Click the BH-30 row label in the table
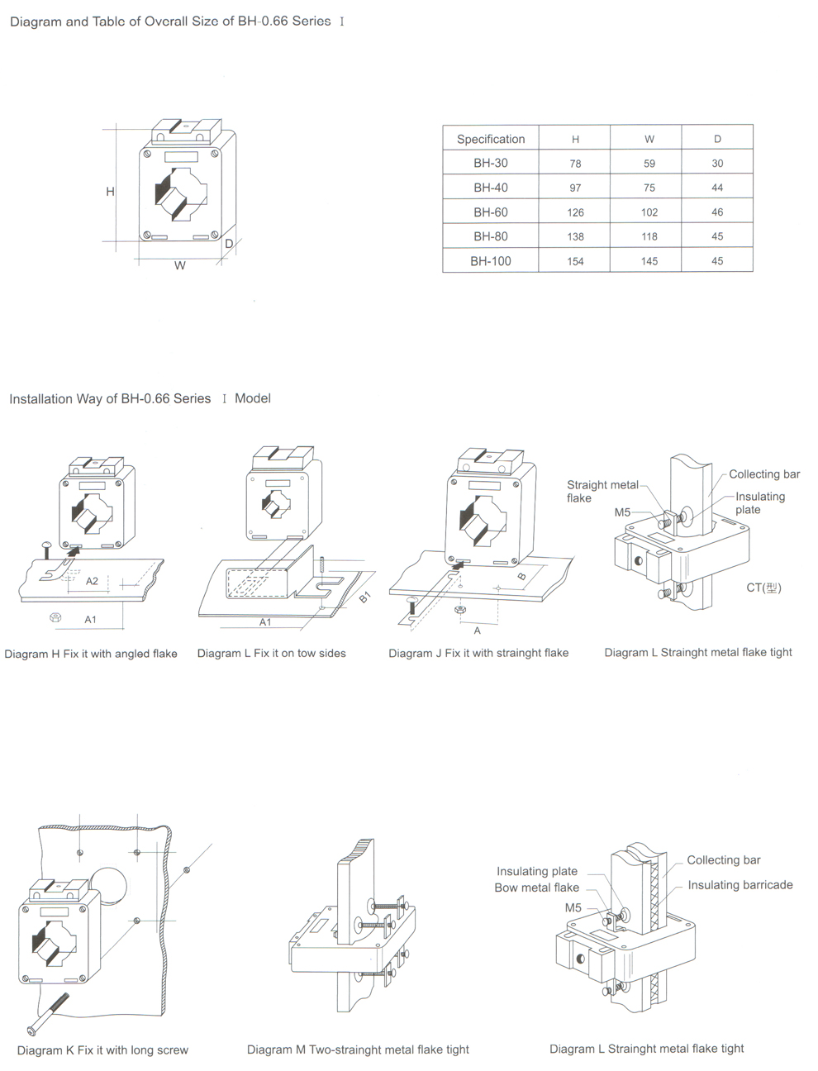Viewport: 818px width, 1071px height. coord(491,163)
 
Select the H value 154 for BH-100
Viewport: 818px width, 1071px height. coord(575,261)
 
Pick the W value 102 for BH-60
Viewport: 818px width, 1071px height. coord(649,212)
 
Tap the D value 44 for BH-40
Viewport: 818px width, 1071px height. coord(717,188)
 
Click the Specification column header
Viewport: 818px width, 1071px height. coord(491,139)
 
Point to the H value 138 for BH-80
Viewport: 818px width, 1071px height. coord(575,236)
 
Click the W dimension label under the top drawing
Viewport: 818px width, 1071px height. coord(180,266)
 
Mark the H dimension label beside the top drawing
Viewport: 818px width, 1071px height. coord(110,192)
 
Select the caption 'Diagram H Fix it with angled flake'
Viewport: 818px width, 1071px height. coord(91,654)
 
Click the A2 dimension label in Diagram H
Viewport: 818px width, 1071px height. coord(92,581)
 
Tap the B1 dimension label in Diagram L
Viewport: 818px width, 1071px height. coord(365,597)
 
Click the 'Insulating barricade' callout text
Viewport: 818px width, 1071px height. coord(740,885)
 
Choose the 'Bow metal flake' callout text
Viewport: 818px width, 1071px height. coord(536,888)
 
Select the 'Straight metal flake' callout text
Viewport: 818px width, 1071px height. coord(602,491)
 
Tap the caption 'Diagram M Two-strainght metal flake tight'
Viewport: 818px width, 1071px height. coord(358,1050)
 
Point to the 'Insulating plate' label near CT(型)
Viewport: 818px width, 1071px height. coord(759,502)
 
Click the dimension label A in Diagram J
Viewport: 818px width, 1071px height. coord(477,630)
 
